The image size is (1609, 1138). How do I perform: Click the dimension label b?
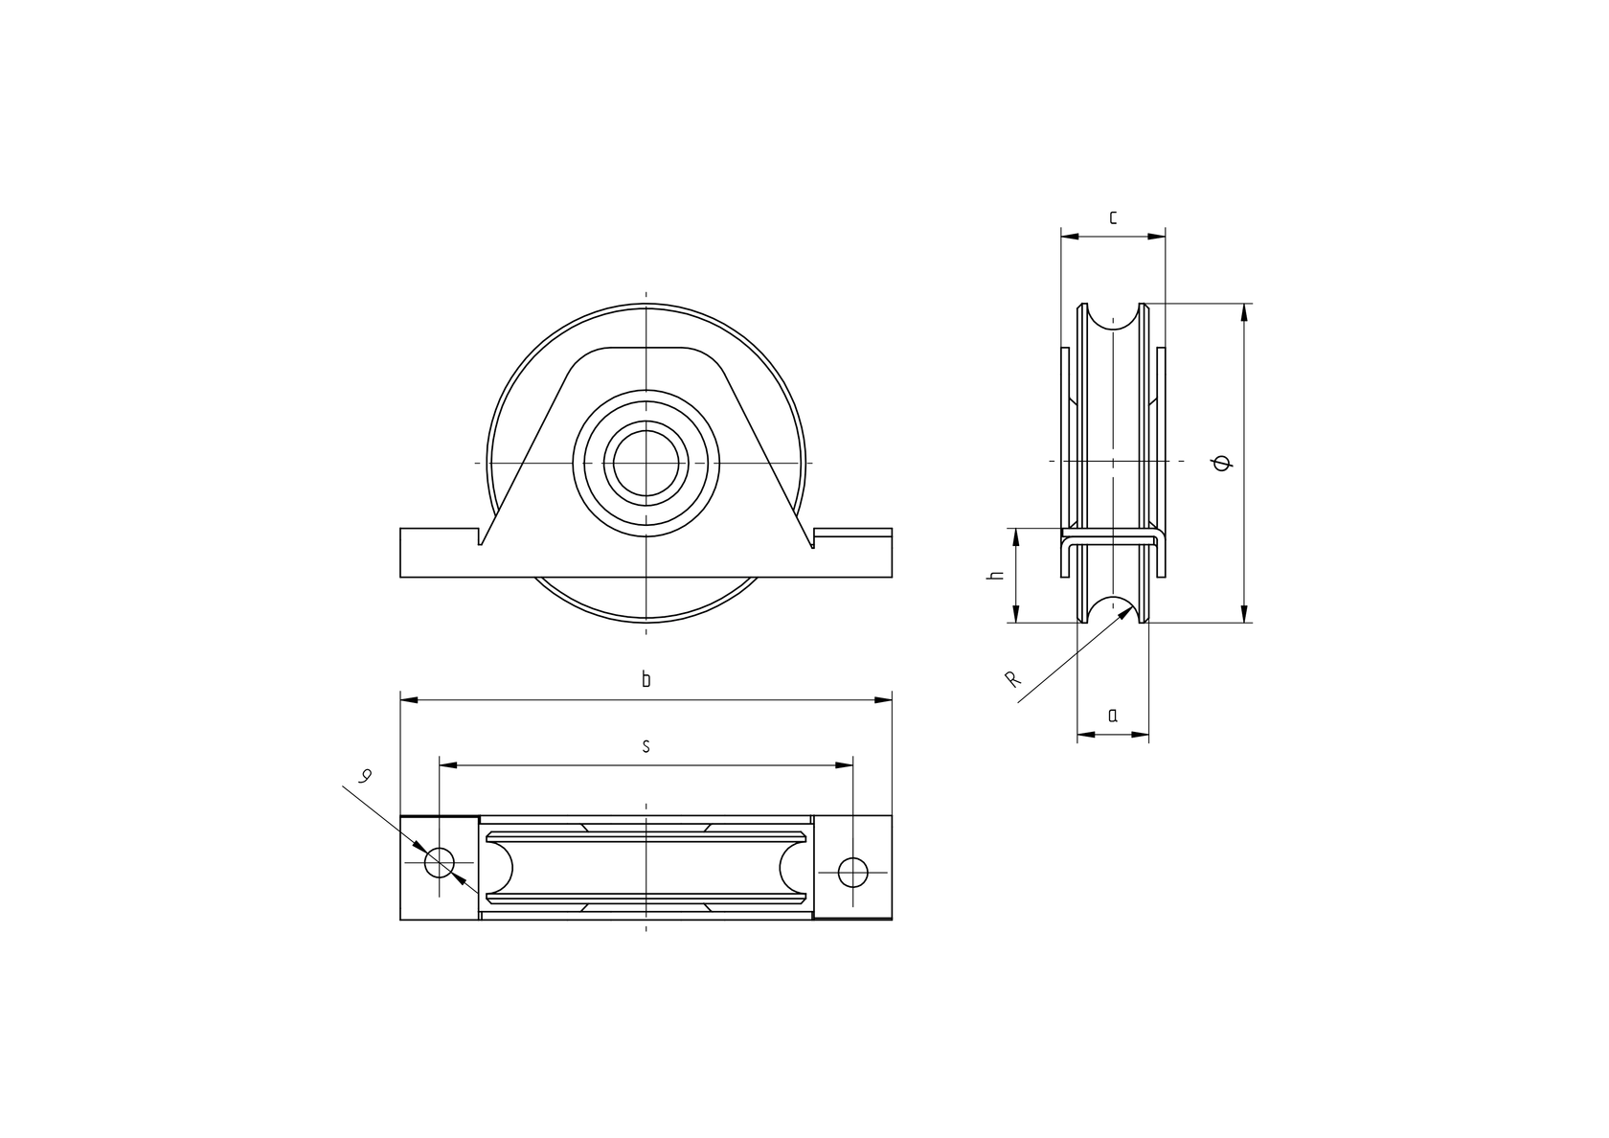(646, 681)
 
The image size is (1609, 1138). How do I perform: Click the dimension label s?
(646, 746)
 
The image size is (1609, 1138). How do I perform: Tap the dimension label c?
(1112, 217)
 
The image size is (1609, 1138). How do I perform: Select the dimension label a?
(1112, 716)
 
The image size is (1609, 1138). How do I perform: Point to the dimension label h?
(996, 576)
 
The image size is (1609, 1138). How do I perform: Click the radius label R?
(1011, 680)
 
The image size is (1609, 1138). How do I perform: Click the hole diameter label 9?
(364, 777)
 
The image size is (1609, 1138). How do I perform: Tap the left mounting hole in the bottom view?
(441, 863)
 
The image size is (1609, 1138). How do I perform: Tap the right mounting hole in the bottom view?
(852, 872)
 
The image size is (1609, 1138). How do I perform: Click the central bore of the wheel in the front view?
(646, 464)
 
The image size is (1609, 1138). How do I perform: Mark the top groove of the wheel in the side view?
(1113, 319)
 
